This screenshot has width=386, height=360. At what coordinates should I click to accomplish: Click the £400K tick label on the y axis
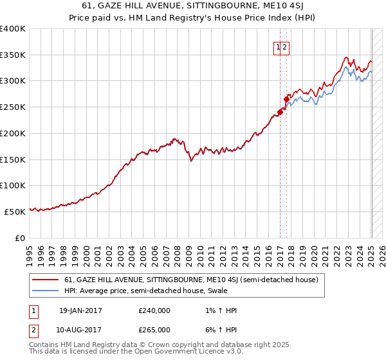click(13, 29)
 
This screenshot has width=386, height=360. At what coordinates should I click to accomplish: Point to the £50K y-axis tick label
click(15, 212)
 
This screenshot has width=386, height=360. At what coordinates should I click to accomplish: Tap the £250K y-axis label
click(13, 107)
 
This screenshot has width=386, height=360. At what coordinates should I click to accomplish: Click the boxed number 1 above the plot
click(278, 47)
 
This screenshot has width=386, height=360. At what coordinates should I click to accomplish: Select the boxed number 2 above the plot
click(284, 47)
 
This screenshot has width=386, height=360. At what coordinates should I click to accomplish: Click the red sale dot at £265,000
click(287, 99)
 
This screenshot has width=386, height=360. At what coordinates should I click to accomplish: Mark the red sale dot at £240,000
click(280, 112)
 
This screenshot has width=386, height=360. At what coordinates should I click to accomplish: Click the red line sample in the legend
click(45, 280)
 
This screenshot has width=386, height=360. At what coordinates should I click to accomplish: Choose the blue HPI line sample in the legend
click(45, 291)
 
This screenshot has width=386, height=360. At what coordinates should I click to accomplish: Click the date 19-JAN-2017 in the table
click(80, 310)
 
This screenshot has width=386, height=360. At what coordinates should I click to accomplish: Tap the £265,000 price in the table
click(154, 330)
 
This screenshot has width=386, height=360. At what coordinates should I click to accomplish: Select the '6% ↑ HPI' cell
click(219, 330)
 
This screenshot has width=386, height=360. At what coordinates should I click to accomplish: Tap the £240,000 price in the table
click(154, 310)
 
